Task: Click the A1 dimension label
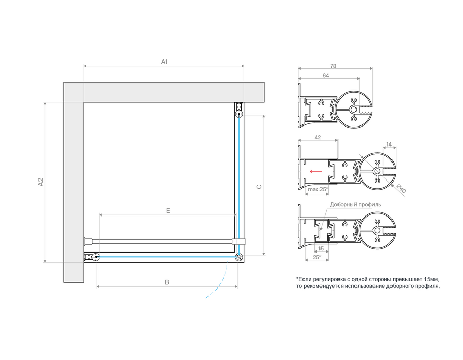coord(164,62)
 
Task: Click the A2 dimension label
coord(41,182)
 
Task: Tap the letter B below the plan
coord(167,282)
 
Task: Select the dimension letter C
coord(259,187)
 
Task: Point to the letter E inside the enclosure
coord(168,211)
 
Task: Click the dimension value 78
coord(333,66)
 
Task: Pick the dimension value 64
coord(326,76)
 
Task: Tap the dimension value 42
coord(318,137)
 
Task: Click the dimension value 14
coord(389,145)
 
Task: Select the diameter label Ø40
coord(401,188)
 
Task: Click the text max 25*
coord(318,189)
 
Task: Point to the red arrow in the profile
coord(316,171)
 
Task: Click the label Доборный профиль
coord(355,205)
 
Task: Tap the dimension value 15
coord(321,249)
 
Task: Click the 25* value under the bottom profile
coord(317,257)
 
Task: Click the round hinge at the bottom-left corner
coord(95,257)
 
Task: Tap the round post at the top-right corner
coord(239,113)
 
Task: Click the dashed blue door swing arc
coord(221,282)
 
